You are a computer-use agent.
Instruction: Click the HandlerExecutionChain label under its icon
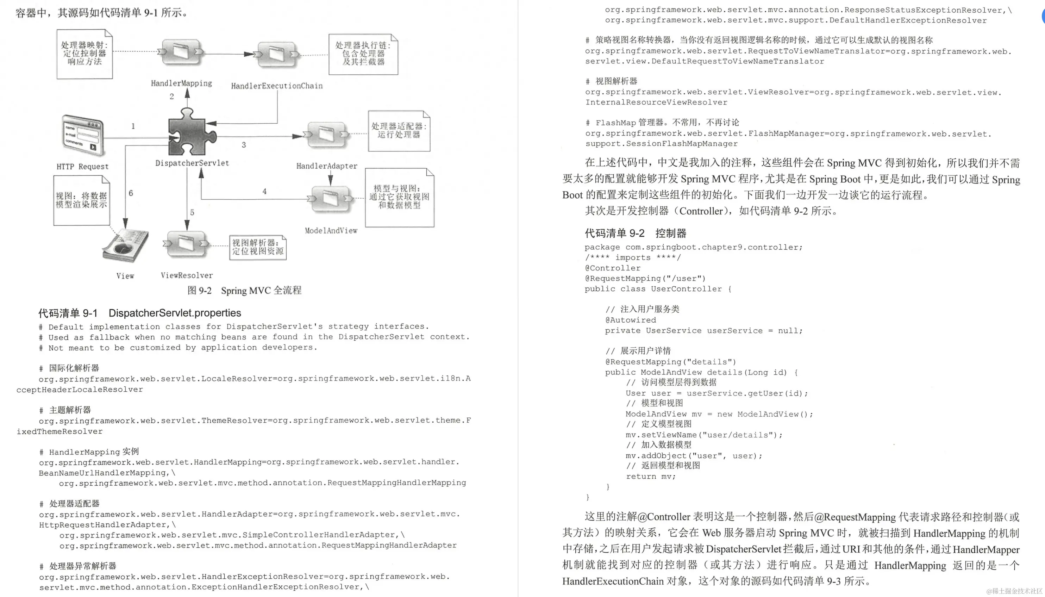[277, 86]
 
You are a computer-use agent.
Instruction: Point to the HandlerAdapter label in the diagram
[327, 166]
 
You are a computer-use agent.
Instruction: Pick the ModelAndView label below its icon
[331, 230]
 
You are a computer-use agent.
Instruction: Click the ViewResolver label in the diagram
[187, 275]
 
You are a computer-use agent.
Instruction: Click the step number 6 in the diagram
[131, 193]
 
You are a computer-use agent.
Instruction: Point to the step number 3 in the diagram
[244, 145]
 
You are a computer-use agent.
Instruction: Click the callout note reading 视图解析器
[258, 247]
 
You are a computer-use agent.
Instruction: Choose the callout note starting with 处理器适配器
[399, 131]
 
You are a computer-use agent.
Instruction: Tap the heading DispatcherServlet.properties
[175, 313]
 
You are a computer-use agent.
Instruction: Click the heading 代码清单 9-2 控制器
[635, 233]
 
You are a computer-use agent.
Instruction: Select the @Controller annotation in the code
[612, 268]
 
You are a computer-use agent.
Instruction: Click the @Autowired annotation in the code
[630, 320]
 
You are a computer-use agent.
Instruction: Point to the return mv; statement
[650, 477]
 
